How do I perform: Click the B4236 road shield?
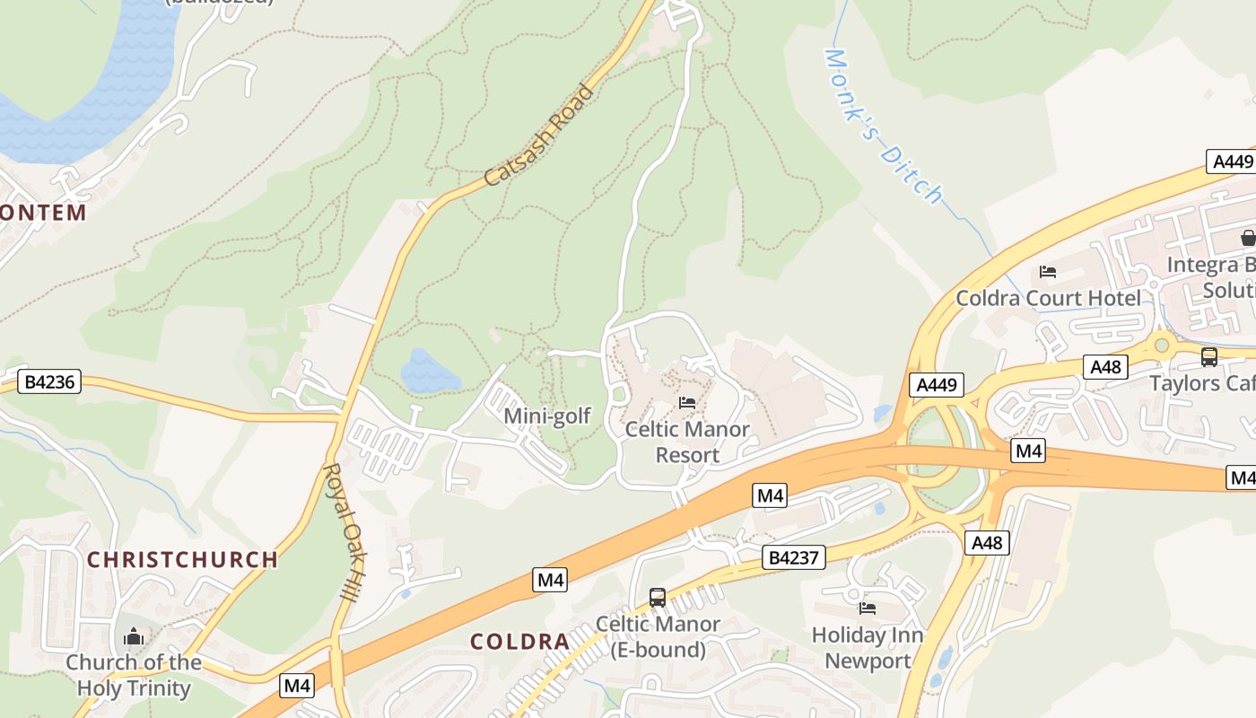pos(49,381)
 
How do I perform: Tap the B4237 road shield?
pos(794,557)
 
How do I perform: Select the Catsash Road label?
pos(539,136)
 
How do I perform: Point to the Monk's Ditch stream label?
pos(883,127)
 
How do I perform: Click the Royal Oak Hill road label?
pos(345,543)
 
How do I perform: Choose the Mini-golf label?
pos(547,416)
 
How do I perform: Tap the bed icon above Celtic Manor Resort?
pos(687,403)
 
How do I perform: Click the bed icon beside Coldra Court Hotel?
pos(1047,272)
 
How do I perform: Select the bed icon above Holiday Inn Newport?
pos(867,609)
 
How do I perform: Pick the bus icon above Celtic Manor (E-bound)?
pos(658,598)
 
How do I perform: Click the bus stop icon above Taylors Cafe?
pos(1208,357)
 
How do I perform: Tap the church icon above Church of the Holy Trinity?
pos(134,637)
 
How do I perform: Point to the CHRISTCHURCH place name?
pos(182,560)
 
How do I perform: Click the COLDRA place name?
pos(520,642)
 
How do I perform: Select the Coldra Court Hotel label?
pos(1049,298)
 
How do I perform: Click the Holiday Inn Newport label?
pos(867,648)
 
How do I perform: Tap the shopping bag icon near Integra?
pos(1248,238)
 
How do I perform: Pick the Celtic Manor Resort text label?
pos(687,442)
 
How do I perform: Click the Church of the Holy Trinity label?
pos(134,676)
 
